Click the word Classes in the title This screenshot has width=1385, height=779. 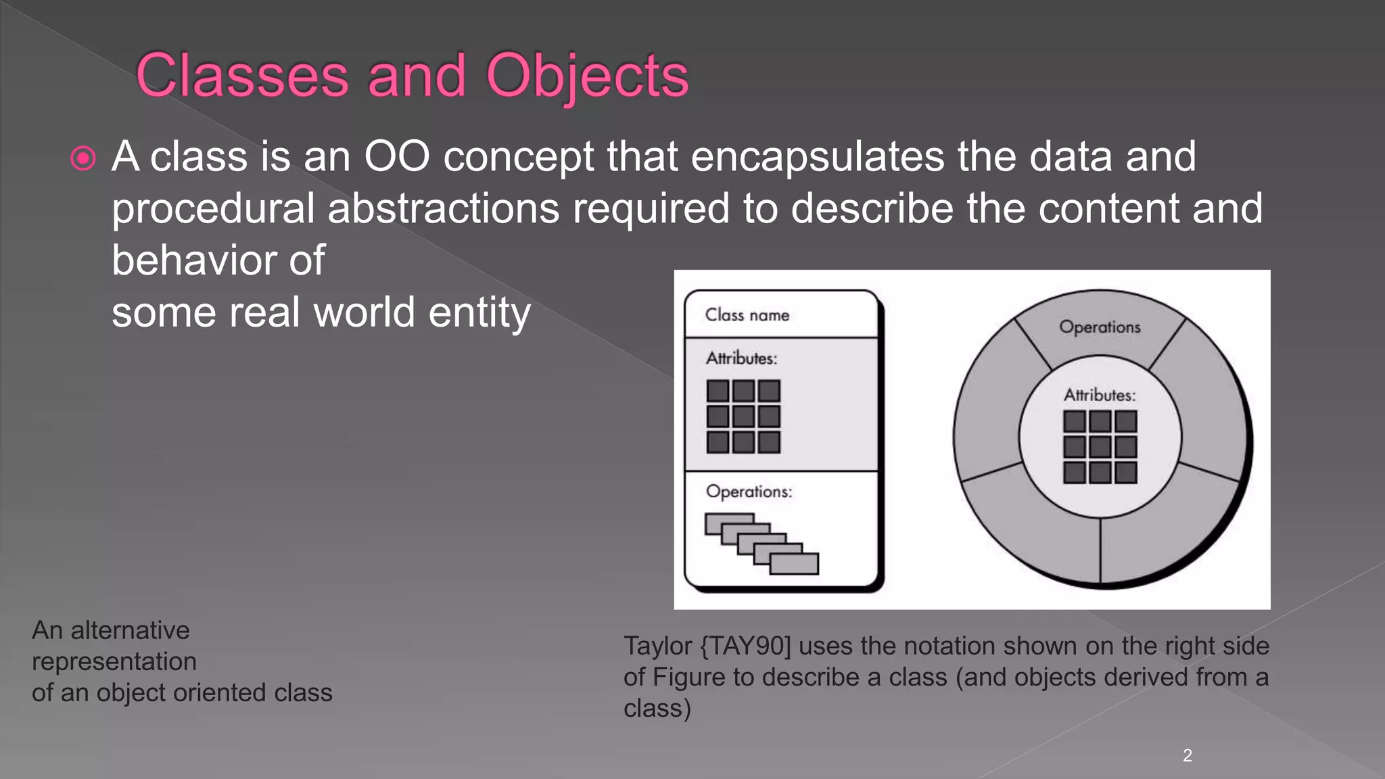[242, 75]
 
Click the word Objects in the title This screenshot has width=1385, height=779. [587, 75]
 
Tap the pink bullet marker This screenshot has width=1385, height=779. [83, 159]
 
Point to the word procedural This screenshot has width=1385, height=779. [213, 208]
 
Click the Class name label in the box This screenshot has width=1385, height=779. [747, 315]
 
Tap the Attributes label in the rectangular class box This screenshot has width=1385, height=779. [741, 358]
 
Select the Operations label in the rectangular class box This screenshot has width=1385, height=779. [748, 492]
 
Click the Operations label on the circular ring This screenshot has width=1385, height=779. [1100, 327]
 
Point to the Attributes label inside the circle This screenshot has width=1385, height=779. [1100, 395]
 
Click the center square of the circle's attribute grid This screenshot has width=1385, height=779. [1100, 447]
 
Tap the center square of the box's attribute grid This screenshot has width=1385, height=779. [743, 417]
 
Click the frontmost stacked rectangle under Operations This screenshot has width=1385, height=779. [794, 563]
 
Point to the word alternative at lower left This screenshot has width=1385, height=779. [130, 630]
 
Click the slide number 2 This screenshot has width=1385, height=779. [1187, 755]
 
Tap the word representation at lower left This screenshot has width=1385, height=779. [114, 661]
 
